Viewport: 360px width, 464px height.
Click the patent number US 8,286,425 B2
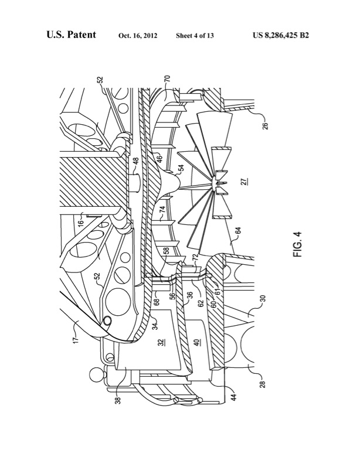click(281, 35)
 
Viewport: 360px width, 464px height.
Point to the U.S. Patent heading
click(71, 35)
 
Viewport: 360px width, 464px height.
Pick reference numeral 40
click(198, 343)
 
